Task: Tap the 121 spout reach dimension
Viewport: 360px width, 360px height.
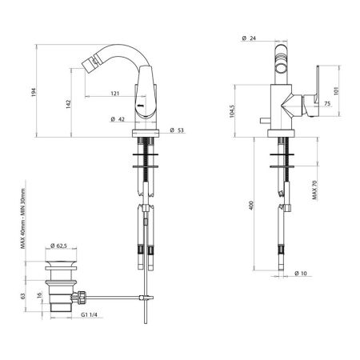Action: (115, 94)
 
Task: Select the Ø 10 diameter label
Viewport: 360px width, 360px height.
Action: (301, 274)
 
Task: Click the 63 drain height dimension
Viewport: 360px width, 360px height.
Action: (26, 296)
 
